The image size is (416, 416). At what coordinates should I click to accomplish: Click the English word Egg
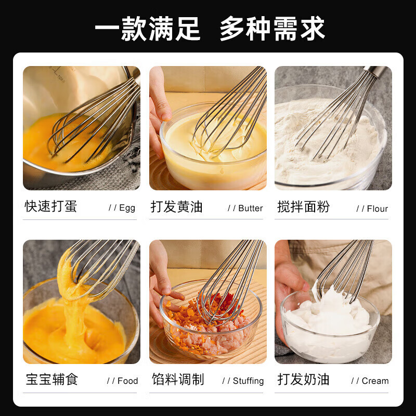coord(127,208)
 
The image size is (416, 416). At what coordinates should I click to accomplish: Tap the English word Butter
coord(251,208)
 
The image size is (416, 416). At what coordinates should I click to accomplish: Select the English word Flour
coord(377,209)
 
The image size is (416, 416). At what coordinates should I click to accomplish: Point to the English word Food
coord(127,381)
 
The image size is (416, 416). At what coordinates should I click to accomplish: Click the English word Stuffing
coord(248,381)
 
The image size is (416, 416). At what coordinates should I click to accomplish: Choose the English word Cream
coord(375,381)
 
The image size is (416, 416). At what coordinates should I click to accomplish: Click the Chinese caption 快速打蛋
coord(51,206)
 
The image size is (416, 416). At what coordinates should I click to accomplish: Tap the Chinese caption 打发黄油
coord(177,206)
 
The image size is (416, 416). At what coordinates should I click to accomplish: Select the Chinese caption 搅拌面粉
coord(303,206)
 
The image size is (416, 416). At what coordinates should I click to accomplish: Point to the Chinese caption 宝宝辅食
coord(51,379)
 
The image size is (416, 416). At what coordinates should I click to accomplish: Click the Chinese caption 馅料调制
coord(177,379)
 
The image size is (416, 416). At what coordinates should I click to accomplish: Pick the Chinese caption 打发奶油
coord(303,379)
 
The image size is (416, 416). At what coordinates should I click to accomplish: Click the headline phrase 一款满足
coord(147,28)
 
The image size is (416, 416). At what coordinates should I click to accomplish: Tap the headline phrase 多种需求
coord(272,28)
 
